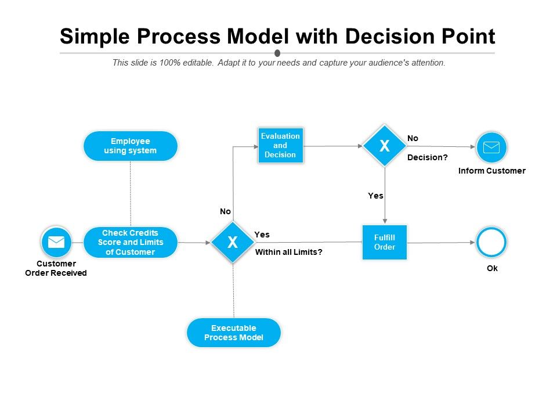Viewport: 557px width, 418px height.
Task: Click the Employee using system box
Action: click(131, 146)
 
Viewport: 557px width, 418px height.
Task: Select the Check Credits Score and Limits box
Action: click(131, 242)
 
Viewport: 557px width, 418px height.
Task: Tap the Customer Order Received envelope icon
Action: click(56, 242)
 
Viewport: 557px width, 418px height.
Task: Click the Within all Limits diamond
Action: click(233, 242)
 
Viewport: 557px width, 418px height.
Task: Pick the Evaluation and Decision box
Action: click(280, 145)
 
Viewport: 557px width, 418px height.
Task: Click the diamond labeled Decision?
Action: click(384, 146)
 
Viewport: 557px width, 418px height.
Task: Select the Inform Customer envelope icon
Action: click(491, 147)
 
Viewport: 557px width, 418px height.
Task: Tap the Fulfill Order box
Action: click(384, 242)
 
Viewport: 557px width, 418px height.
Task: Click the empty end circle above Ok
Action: click(491, 242)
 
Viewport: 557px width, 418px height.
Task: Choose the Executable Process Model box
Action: click(233, 333)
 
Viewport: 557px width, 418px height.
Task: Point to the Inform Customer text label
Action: click(491, 171)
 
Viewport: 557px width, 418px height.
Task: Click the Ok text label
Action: click(492, 268)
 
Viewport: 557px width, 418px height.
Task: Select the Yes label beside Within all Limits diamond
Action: click(262, 235)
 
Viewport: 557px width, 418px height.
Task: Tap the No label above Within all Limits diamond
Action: click(225, 212)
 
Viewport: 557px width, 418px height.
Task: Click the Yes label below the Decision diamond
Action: click(375, 196)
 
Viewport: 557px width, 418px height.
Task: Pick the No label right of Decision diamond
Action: click(413, 138)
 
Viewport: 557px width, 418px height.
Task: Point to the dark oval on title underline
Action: click(277, 53)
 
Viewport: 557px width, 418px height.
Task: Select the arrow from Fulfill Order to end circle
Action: click(441, 242)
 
